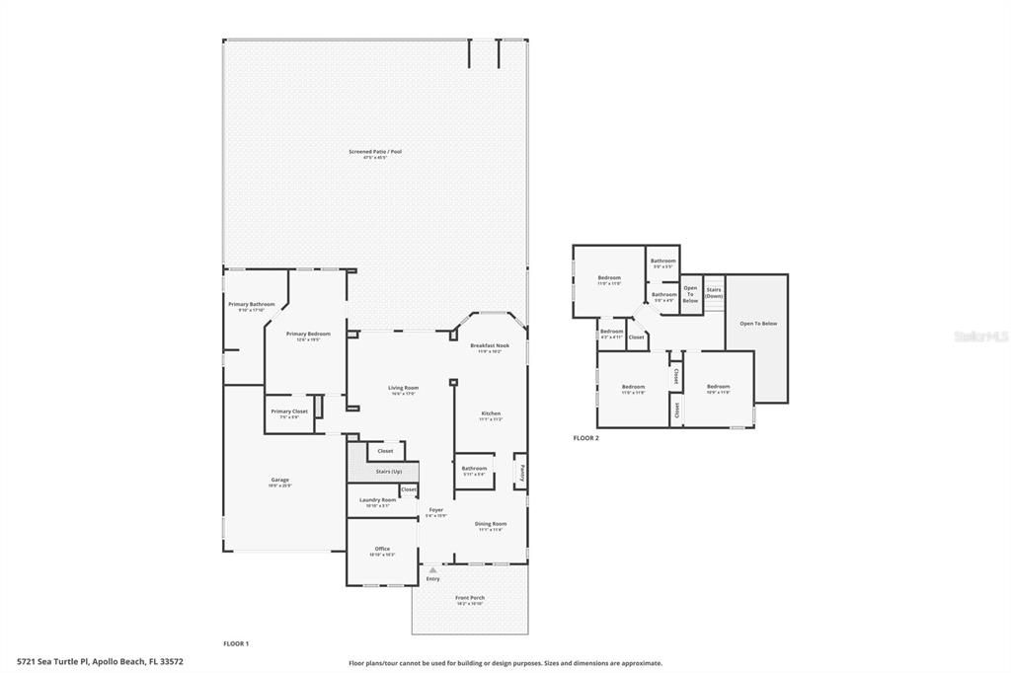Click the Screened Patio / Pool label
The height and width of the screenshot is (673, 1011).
point(375,152)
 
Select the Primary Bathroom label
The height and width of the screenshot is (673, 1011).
point(252,305)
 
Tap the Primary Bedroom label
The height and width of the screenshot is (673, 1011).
point(308,335)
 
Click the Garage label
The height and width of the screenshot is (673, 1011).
point(280,481)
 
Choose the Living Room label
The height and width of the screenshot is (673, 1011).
point(403,389)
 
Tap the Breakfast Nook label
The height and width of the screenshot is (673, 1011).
point(490,346)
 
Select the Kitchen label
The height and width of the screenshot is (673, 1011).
point(491,413)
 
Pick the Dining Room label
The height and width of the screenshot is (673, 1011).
point(491,524)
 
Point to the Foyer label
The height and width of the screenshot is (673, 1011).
point(435,510)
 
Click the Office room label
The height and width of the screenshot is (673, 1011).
point(382,550)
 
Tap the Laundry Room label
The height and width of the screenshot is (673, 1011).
point(377,500)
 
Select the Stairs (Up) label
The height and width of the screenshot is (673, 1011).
point(389,472)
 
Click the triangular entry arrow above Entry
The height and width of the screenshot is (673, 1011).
point(432,569)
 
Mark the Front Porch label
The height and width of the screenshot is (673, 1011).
point(470,598)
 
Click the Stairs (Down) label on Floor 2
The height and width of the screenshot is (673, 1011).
point(714,292)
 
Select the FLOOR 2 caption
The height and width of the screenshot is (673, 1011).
point(586,437)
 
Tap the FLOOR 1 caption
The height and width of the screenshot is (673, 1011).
point(236,643)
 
